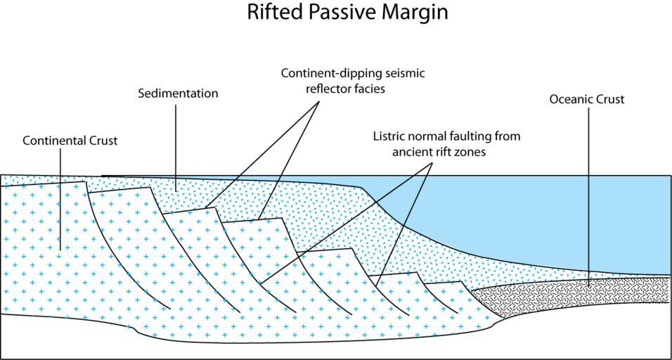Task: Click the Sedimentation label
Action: pyautogui.click(x=179, y=94)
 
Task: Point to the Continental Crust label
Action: pyautogui.click(x=70, y=141)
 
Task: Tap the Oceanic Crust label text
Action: pyautogui.click(x=587, y=99)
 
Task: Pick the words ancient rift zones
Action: pyautogui.click(x=439, y=153)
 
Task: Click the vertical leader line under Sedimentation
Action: pyautogui.click(x=176, y=147)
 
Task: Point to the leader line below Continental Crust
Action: pyautogui.click(x=60, y=200)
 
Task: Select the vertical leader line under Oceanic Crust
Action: pyautogui.click(x=588, y=198)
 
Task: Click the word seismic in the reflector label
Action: pyautogui.click(x=407, y=74)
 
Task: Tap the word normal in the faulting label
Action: pyautogui.click(x=425, y=137)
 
